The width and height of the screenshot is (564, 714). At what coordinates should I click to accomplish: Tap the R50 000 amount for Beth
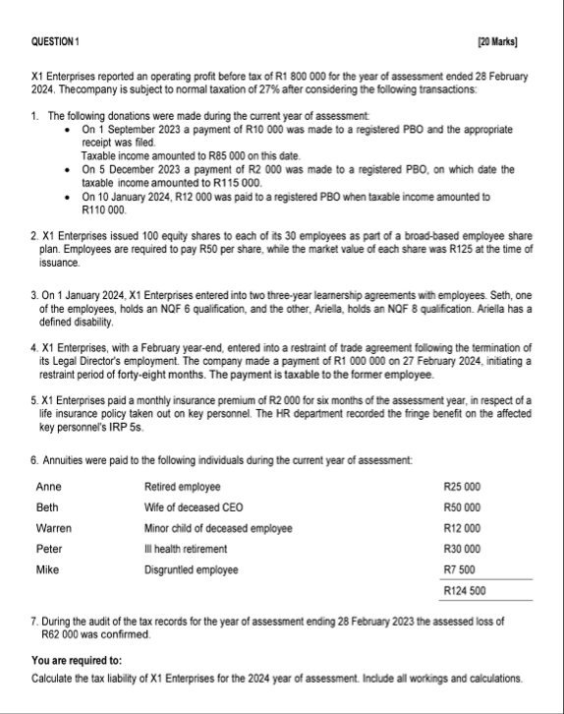(x=462, y=507)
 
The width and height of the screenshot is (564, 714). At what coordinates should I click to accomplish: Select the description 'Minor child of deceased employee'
(x=217, y=528)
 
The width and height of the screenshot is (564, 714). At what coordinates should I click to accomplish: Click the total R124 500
(x=463, y=591)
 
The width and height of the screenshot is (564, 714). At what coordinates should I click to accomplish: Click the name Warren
(x=53, y=528)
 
